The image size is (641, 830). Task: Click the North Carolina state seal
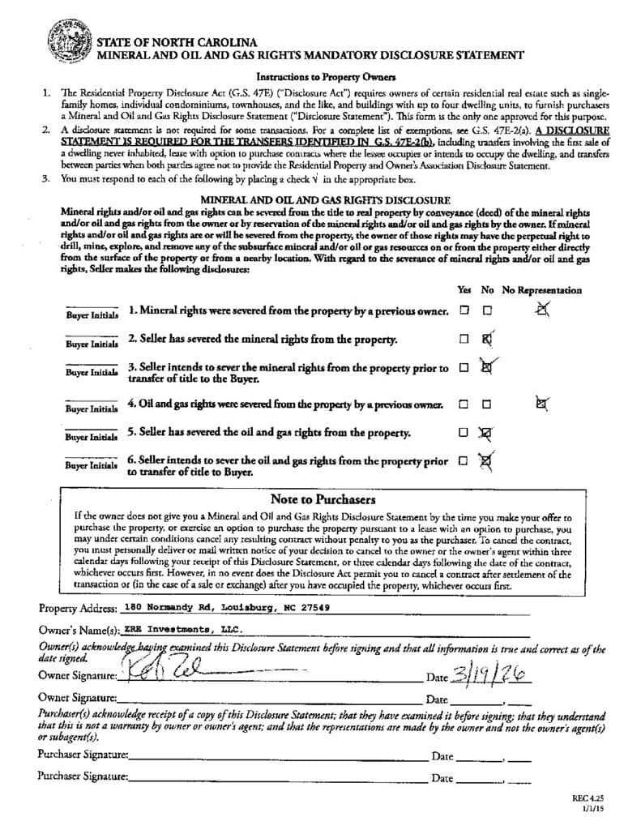(x=70, y=45)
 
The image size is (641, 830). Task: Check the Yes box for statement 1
(x=464, y=310)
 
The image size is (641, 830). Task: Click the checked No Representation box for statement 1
(x=542, y=308)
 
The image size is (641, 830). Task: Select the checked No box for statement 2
(x=487, y=340)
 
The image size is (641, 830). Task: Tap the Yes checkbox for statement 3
(x=464, y=367)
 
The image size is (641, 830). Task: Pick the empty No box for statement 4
(x=487, y=404)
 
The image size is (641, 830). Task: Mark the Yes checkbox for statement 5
(x=464, y=433)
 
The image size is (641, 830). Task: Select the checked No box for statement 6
(x=487, y=461)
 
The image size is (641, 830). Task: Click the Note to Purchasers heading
(x=323, y=500)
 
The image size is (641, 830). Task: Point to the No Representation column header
(x=541, y=289)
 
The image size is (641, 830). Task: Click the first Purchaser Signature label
(x=83, y=755)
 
